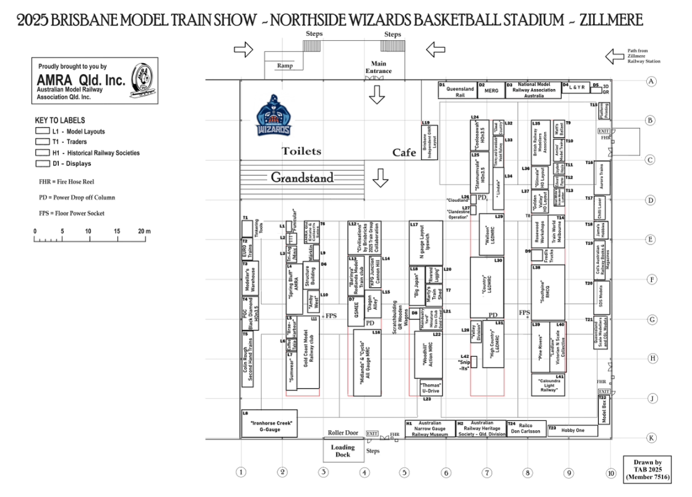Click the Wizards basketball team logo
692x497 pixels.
pyautogui.click(x=274, y=116)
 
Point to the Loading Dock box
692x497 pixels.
pyautogui.click(x=342, y=451)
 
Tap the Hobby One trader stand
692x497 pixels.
pyautogui.click(x=573, y=430)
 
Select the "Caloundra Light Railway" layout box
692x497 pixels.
pyautogui.click(x=548, y=386)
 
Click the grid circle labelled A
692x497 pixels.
pyautogui.click(x=651, y=81)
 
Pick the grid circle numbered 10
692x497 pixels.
pyautogui.click(x=611, y=473)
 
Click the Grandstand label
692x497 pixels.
pyautogui.click(x=302, y=178)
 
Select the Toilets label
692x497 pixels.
pyautogui.click(x=301, y=151)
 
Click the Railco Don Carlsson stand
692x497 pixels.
pyautogui.click(x=525, y=429)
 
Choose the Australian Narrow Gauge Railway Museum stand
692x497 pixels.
pyautogui.click(x=430, y=429)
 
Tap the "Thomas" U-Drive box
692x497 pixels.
pyautogui.click(x=431, y=388)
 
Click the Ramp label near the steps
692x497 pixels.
pyautogui.click(x=285, y=66)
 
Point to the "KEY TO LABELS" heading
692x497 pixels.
pyautogui.click(x=60, y=120)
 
